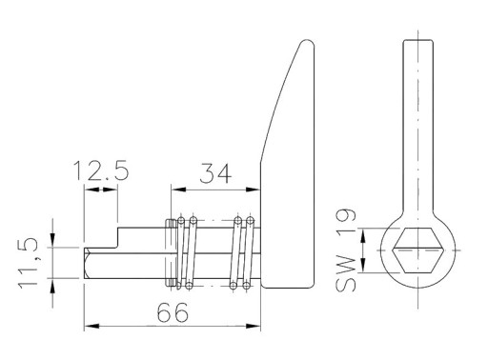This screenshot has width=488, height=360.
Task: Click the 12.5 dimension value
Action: click(101, 170)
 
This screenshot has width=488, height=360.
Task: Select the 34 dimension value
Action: click(216, 173)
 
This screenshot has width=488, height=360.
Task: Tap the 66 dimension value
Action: click(173, 312)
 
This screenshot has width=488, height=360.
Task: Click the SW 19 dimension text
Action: click(346, 250)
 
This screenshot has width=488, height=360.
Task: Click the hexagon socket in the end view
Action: click(417, 250)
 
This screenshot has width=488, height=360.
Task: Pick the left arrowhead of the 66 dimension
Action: click(92, 326)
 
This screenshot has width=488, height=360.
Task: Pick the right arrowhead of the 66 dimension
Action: click(253, 326)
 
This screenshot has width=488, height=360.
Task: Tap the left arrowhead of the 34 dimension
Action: click(178, 190)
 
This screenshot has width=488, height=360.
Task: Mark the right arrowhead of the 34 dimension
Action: click(253, 190)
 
